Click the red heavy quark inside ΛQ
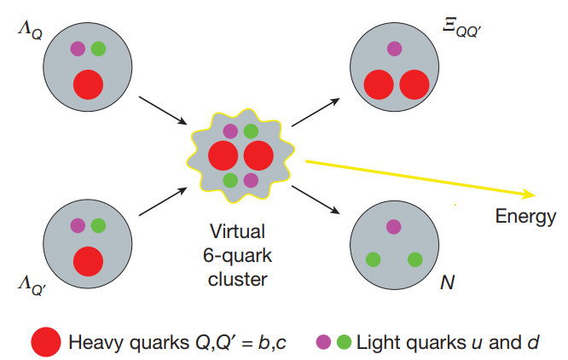(x=87, y=84)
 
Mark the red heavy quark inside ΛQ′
(x=87, y=260)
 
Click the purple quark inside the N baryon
(x=393, y=226)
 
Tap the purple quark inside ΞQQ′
(x=393, y=50)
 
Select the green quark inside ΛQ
(x=98, y=49)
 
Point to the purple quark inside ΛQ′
(x=78, y=226)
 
